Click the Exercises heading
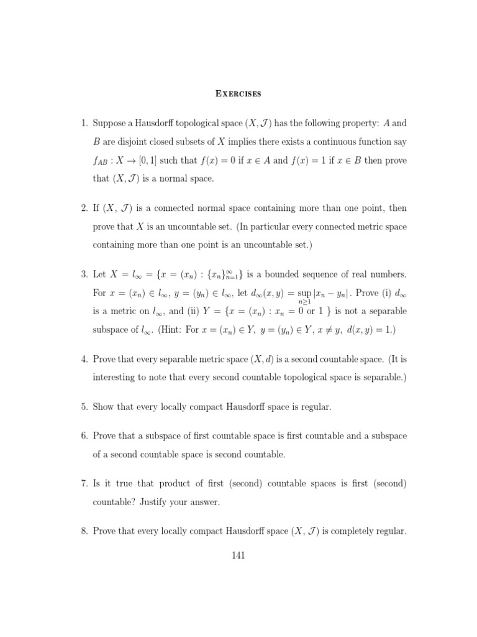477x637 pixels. (238, 94)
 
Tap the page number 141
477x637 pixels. (238, 555)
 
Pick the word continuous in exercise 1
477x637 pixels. (338, 141)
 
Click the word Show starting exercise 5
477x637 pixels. (104, 407)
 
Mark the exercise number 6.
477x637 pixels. (83, 436)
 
